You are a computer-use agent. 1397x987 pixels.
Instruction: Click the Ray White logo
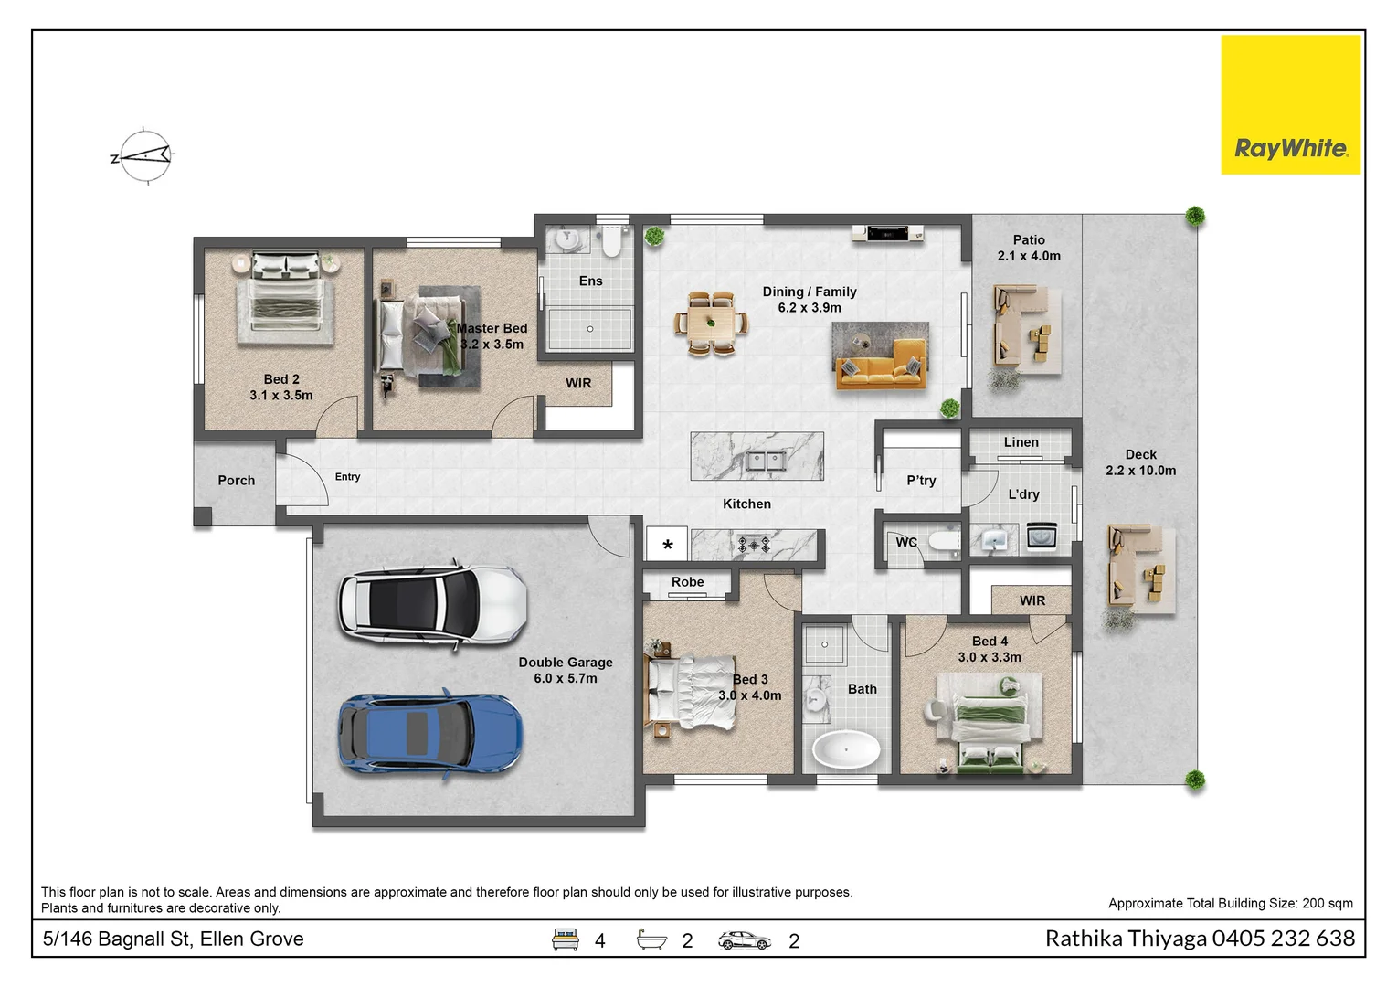pos(1290,105)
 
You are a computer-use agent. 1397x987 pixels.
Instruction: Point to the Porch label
pos(236,481)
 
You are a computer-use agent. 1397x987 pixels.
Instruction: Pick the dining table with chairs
pos(710,323)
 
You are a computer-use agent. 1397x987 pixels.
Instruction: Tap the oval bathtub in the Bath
pos(846,750)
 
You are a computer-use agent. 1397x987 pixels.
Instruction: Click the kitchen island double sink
pos(766,461)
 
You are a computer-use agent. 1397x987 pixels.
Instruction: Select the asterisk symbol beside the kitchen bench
pos(668,546)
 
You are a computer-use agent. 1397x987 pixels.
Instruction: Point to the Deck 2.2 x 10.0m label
pos(1140,462)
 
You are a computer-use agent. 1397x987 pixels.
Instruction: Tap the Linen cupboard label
pos(1021,442)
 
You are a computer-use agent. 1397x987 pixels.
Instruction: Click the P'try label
pos(921,481)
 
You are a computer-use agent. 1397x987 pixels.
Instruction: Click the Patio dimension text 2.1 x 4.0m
pos(1029,257)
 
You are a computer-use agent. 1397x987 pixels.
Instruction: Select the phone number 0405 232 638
pos(1284,939)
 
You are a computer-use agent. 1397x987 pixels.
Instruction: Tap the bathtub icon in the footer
pos(651,939)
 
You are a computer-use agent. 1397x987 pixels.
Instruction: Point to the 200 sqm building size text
pos(1327,904)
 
